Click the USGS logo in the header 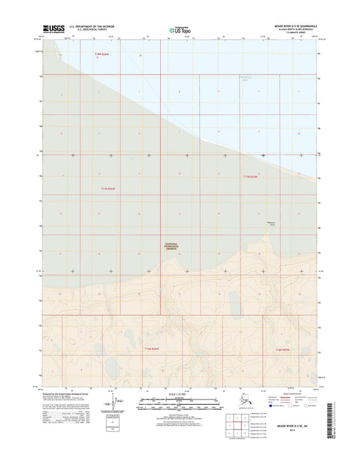pos(54,28)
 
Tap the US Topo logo pos(180,30)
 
